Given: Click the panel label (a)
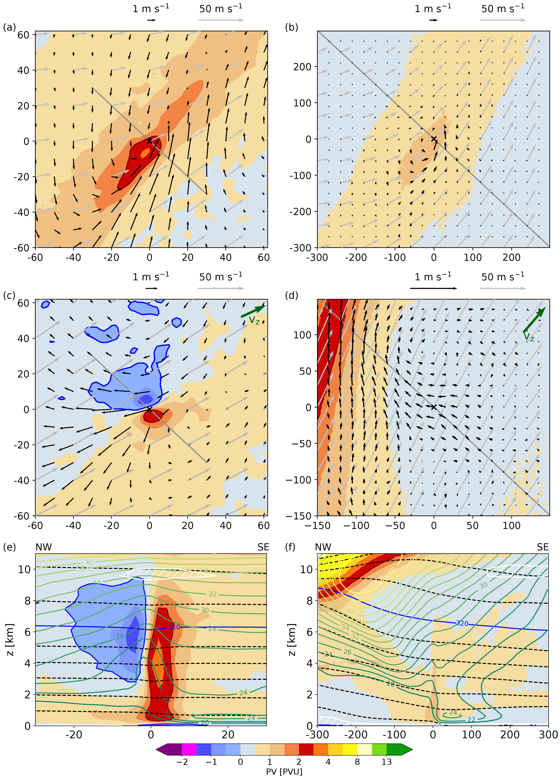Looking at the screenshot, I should (9, 27).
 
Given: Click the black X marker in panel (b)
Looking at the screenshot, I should (434, 139).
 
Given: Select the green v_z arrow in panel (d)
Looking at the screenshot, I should (534, 320).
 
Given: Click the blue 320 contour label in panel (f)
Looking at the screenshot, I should (462, 623).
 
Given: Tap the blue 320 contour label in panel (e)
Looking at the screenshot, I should (174, 627).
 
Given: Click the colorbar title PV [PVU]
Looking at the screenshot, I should (284, 771).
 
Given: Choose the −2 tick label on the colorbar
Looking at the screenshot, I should (182, 762).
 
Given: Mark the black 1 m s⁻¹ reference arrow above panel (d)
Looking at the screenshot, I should (433, 288).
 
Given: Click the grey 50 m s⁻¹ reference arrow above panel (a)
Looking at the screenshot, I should (221, 20).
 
